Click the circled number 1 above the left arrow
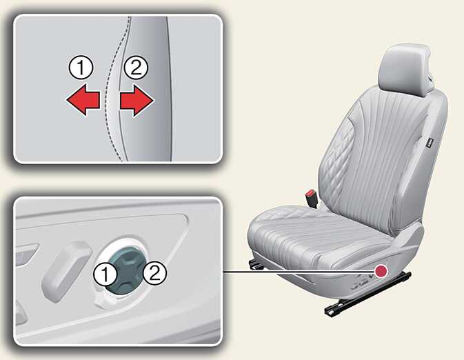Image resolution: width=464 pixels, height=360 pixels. (x=81, y=68)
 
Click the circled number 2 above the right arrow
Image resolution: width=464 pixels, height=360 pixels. (x=136, y=68)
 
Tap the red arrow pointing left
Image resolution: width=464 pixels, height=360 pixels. (x=83, y=100)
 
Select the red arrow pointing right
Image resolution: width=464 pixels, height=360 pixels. (x=137, y=101)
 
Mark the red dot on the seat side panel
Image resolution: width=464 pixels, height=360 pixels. (x=381, y=270)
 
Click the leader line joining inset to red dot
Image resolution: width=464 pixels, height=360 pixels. (x=299, y=270)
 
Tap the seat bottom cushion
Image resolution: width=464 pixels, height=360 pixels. (x=320, y=237)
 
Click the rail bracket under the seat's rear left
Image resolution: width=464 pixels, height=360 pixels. (x=256, y=265)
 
